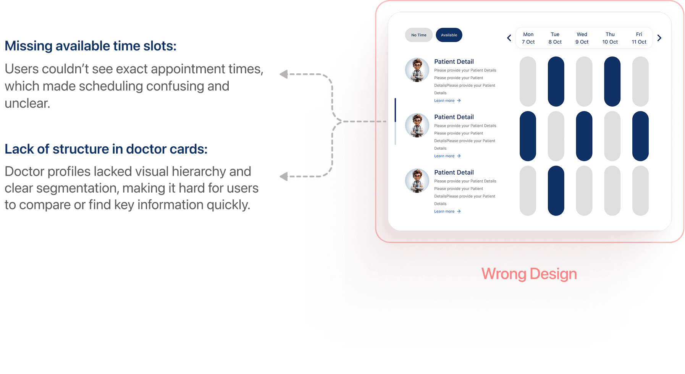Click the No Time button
pos(418,35)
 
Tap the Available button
pos(449,35)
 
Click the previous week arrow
pos(509,38)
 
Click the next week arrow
pos(659,38)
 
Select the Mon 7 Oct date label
pos(528,38)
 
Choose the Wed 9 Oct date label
pos(582,38)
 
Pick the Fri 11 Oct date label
pos(639,38)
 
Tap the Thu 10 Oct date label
pos(610,38)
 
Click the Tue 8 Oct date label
pos(555,38)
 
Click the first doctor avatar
pos(417,70)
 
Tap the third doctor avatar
pos(417,181)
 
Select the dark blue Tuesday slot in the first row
pos(556,81)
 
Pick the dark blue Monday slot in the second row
pos(528,136)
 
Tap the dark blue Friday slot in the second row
pos(640,136)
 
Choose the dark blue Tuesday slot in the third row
pos(556,191)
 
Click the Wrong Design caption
pos(529,274)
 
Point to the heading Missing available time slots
pos(90,46)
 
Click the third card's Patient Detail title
pos(454,172)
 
